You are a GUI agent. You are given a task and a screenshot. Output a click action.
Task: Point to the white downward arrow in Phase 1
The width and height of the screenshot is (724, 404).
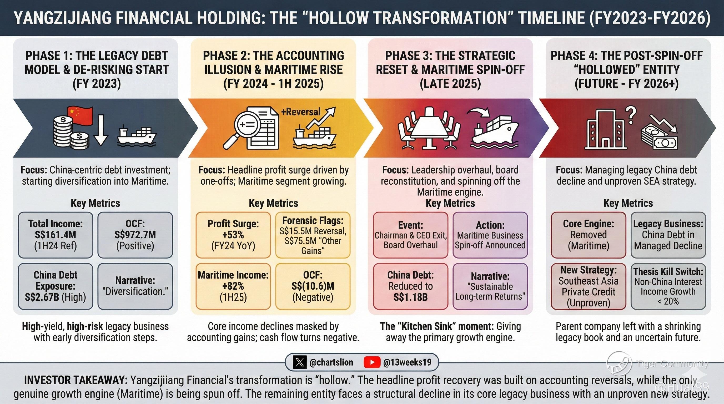pyautogui.click(x=100, y=129)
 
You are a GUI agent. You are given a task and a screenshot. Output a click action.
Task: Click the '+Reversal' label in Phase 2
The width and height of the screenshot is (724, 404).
pyautogui.click(x=301, y=112)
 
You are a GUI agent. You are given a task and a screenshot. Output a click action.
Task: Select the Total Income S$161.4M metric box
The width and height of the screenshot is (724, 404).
pyautogui.click(x=55, y=235)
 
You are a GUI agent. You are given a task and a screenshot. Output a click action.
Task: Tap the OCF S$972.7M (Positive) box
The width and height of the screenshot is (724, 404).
pyautogui.click(x=135, y=235)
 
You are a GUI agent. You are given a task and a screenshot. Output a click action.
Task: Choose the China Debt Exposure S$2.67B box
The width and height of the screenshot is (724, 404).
pyautogui.click(x=55, y=286)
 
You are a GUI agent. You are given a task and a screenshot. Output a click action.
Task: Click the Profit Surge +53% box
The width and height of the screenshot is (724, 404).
pyautogui.click(x=233, y=235)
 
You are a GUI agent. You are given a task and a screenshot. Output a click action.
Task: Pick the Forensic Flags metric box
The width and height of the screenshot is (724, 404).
pyautogui.click(x=313, y=235)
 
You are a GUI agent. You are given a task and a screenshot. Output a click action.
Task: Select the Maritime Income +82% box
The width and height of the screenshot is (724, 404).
pyautogui.click(x=233, y=286)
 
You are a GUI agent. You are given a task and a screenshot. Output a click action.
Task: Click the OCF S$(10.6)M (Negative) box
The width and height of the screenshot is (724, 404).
pyautogui.click(x=313, y=286)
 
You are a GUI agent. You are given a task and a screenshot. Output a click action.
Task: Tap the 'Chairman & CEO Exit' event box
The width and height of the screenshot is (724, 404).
pyautogui.click(x=411, y=235)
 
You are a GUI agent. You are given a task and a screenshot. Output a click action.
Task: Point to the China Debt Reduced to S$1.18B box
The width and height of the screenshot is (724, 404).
pyautogui.click(x=411, y=286)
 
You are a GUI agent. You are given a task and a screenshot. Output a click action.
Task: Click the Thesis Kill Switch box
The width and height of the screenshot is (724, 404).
pyautogui.click(x=668, y=286)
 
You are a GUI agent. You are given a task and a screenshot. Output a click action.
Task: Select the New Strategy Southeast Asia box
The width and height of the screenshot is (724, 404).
pyautogui.click(x=589, y=286)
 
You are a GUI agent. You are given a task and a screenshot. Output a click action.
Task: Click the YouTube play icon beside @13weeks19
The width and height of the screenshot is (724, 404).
pyautogui.click(x=372, y=362)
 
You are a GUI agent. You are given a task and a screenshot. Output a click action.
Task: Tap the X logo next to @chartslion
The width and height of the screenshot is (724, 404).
pyautogui.click(x=300, y=362)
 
